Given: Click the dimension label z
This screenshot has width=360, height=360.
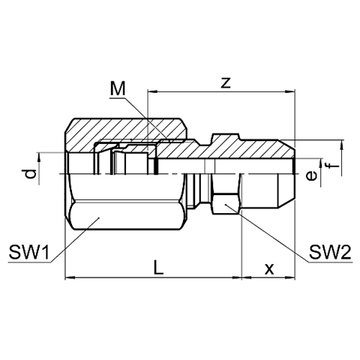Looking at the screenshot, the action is pos(226,82).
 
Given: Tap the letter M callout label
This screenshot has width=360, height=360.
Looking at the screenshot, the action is pos(118,89).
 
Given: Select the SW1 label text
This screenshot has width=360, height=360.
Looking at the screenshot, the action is pos(29,252).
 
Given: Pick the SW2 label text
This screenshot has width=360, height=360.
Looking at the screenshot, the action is pos(330,252).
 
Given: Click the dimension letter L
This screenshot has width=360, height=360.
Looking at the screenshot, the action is pos(158,267).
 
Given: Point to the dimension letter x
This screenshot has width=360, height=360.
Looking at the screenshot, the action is pos(269,269).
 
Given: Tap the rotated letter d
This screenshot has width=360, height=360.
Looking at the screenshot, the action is pos(31,174).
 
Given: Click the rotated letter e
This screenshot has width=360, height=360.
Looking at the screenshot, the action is pos(311,175).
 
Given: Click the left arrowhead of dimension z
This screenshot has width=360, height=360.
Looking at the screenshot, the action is pos(152,92).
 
